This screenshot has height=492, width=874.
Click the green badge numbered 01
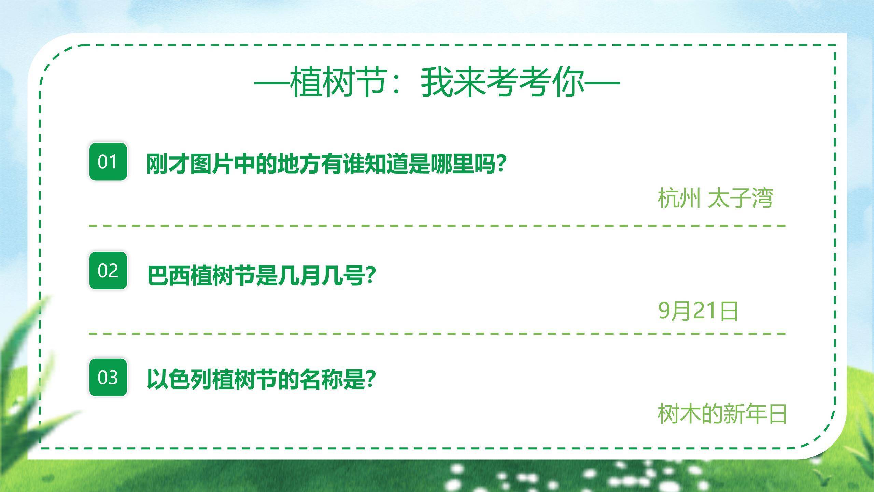tap(108, 162)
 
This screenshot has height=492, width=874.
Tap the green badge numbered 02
tap(108, 271)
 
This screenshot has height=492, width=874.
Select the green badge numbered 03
tap(108, 378)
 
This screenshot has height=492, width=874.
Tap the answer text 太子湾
tap(740, 198)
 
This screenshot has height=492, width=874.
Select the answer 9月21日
tap(698, 311)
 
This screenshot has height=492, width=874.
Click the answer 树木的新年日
tap(722, 414)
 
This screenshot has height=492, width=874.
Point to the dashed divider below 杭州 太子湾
tap(437, 226)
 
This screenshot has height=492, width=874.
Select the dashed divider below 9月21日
tap(437, 333)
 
